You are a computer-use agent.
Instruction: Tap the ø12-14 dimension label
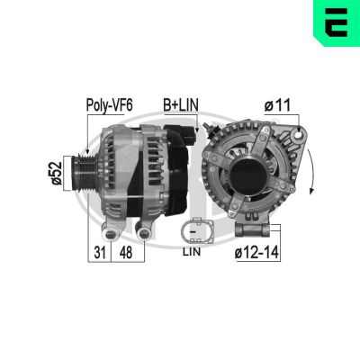click(x=256, y=254)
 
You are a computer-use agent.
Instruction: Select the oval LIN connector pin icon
click(x=191, y=232)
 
